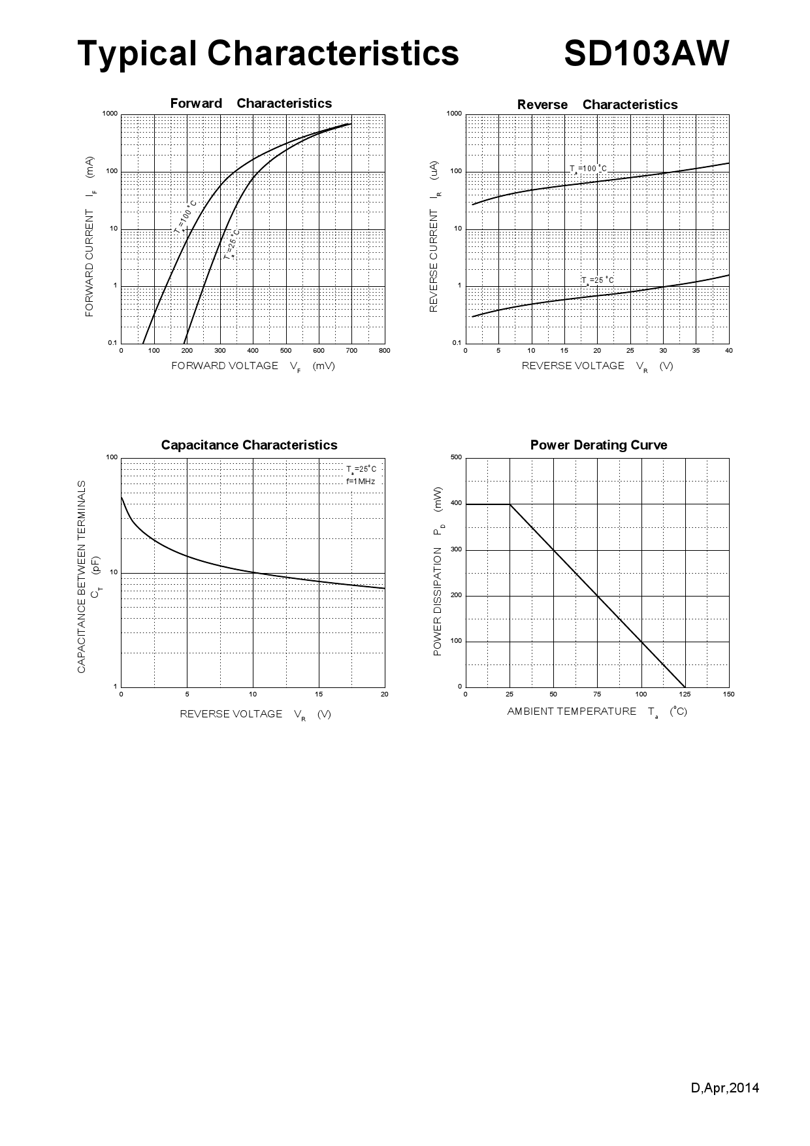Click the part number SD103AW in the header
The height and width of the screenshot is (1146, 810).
click(646, 54)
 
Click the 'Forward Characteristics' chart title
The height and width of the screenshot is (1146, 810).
click(251, 103)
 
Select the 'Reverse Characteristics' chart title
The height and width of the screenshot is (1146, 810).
click(597, 105)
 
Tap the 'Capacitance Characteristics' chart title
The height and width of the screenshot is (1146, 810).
click(249, 445)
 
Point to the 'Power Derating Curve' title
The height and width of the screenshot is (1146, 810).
click(598, 445)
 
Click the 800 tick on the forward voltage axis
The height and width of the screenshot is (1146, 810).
click(384, 351)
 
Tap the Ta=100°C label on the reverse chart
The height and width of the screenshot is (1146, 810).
click(589, 169)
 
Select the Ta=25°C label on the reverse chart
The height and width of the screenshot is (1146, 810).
click(597, 281)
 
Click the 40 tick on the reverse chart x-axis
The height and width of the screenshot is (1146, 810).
click(729, 351)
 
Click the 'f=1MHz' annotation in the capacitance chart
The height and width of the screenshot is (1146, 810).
click(361, 482)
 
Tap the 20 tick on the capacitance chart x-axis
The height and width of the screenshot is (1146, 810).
click(384, 695)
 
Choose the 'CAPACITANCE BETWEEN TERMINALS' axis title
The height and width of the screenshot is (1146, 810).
click(82, 577)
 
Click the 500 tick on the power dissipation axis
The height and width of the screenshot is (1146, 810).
click(456, 457)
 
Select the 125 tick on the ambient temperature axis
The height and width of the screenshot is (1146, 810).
click(685, 695)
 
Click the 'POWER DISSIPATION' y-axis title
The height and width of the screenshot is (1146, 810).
click(438, 572)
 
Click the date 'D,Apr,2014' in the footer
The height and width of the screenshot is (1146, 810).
click(725, 1089)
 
